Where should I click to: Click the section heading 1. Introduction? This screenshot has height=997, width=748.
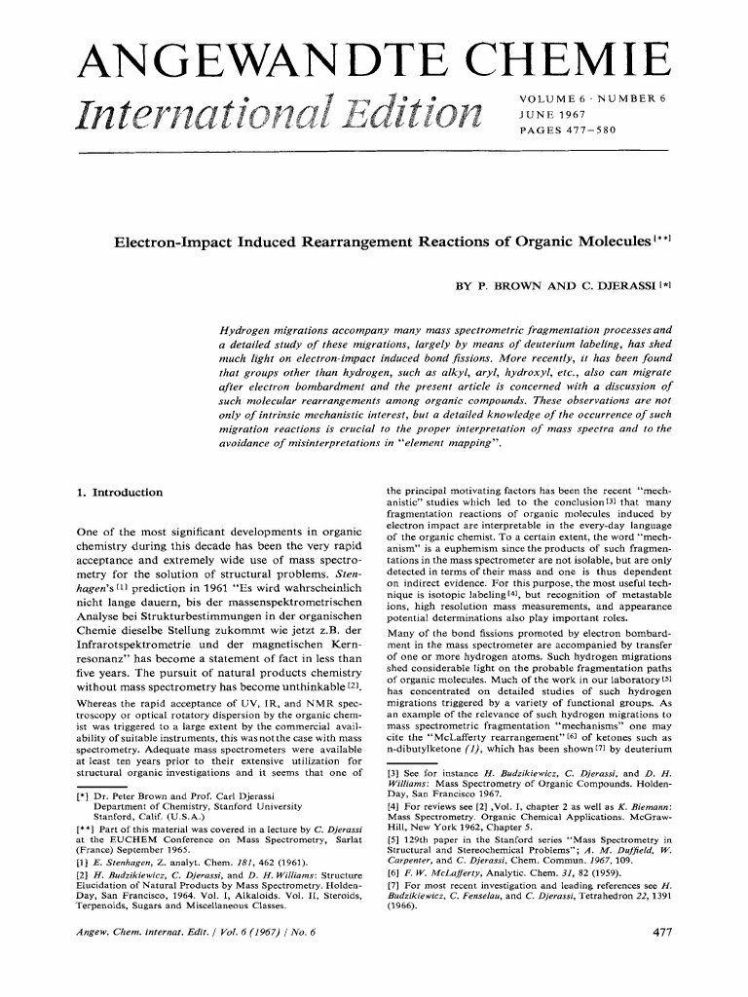tap(106, 493)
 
